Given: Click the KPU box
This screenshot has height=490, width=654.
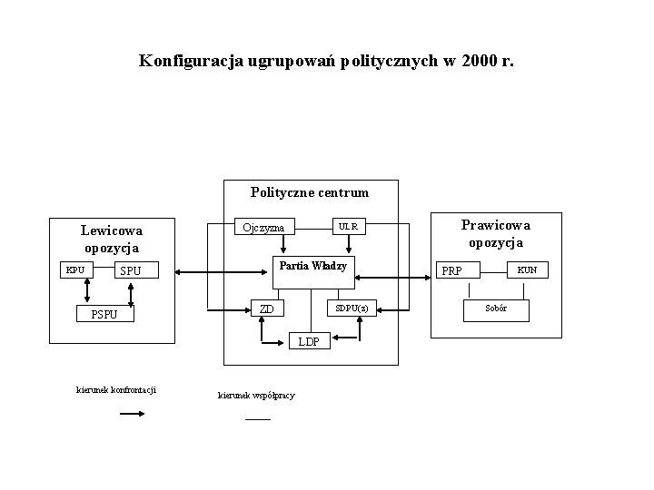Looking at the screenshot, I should click(x=75, y=269).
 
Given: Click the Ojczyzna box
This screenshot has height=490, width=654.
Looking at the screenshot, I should click(x=264, y=227).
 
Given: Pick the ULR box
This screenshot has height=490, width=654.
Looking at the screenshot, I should click(x=348, y=226).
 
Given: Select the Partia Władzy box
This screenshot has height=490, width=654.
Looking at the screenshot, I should click(x=313, y=266).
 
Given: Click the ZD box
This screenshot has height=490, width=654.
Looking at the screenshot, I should click(x=266, y=309).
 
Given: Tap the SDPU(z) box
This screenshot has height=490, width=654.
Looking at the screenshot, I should click(x=352, y=309).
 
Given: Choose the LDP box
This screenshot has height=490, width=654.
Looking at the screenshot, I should click(x=309, y=342).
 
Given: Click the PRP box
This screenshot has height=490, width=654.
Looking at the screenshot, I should click(x=451, y=270).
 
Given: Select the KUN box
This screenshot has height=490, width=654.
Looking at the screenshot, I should click(x=527, y=269).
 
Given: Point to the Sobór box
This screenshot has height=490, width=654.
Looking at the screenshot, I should click(x=496, y=309).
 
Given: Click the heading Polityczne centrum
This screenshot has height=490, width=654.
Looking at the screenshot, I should click(x=310, y=192).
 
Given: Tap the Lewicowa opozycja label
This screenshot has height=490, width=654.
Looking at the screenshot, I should click(x=111, y=239).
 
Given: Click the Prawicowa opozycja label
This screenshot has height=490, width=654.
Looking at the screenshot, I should click(x=495, y=233).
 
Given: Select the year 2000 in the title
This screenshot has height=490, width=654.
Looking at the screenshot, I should click(x=479, y=62).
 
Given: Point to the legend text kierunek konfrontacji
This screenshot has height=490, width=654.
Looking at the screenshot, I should click(x=116, y=389).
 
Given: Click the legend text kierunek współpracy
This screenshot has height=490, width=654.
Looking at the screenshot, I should click(x=256, y=396).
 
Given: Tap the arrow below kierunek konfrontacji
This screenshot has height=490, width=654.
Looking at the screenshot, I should click(x=133, y=414).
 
